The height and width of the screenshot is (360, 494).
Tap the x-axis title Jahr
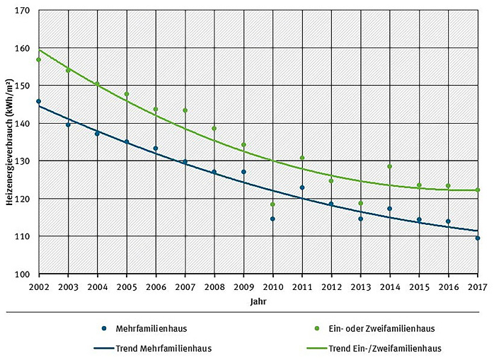coord(258,301)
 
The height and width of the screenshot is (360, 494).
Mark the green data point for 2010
coord(272,204)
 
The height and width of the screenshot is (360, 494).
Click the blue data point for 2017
coord(478,238)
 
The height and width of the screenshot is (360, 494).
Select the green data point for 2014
coord(389,166)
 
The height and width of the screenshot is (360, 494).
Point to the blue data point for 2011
coord(302,187)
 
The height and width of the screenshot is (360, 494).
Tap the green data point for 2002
coord(38,60)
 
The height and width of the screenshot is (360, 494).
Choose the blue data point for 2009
coord(243,172)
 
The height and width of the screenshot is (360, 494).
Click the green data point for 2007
coord(185,110)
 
